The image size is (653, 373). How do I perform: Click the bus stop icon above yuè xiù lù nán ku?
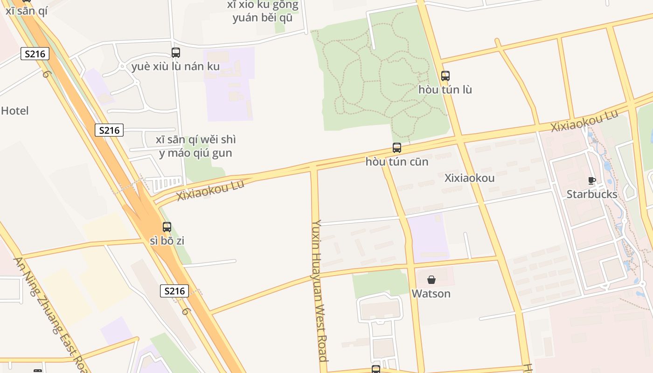click(176, 53)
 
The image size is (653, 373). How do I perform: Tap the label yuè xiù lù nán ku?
click(175, 67)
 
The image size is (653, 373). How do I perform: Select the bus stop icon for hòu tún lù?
click(445, 76)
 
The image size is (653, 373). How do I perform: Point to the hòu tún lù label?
click(445, 90)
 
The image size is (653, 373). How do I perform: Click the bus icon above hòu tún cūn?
click(397, 148)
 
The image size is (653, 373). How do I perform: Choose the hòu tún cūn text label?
click(397, 162)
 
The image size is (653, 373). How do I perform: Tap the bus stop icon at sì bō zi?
click(167, 227)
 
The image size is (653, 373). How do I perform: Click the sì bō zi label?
click(167, 241)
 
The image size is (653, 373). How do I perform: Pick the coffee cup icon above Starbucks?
click(592, 180)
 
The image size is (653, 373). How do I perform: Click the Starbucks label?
click(592, 194)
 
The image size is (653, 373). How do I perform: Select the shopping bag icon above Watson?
click(431, 280)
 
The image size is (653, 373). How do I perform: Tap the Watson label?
click(431, 294)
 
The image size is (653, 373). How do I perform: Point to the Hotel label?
click(15, 111)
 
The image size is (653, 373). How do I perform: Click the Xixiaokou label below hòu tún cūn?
click(470, 178)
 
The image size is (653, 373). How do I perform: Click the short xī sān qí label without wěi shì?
click(27, 11)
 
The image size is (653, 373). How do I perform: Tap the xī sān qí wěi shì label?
click(196, 146)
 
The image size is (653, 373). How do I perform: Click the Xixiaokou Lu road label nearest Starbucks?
click(584, 121)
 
